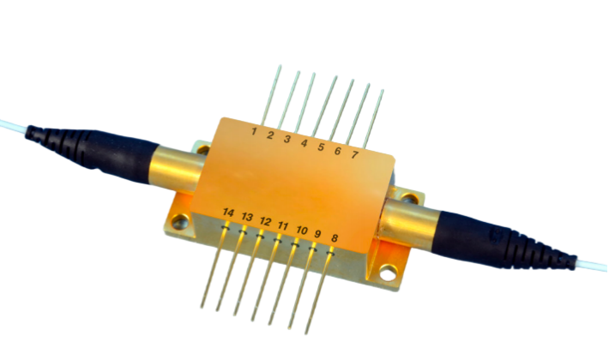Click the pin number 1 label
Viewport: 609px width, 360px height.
pyautogui.click(x=254, y=131)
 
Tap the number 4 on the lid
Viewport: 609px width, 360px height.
pyautogui.click(x=304, y=143)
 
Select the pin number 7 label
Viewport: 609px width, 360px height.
pyautogui.click(x=354, y=155)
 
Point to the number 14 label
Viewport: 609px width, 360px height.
pyautogui.click(x=228, y=213)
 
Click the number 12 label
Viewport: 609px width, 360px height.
pyautogui.click(x=265, y=221)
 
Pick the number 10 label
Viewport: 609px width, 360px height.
pyautogui.click(x=302, y=231)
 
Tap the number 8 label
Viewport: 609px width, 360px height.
pyautogui.click(x=334, y=238)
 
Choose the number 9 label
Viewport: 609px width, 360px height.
pyautogui.click(x=317, y=234)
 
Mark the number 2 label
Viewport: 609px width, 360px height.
pyautogui.click(x=270, y=135)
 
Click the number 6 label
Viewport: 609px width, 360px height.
pyautogui.click(x=337, y=151)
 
